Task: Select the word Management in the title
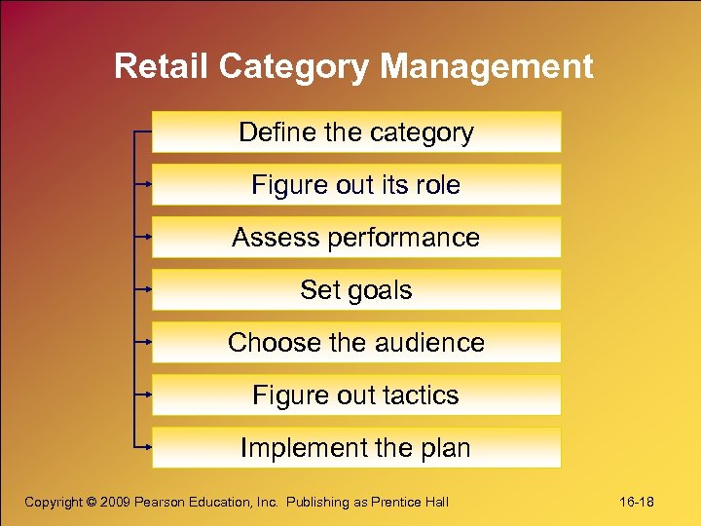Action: tap(487, 66)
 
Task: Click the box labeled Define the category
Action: tap(356, 132)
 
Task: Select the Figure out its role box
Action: tap(356, 185)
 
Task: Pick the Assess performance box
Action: tap(356, 238)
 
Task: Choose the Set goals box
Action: tap(356, 290)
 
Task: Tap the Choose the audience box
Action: tap(356, 343)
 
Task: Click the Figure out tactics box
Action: tap(356, 395)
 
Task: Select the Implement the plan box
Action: tap(356, 448)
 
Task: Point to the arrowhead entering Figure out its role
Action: tap(147, 183)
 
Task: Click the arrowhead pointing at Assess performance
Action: tap(147, 236)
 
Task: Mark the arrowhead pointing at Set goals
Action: tap(147, 288)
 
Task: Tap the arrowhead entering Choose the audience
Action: tap(147, 342)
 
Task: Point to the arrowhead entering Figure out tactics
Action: tap(147, 394)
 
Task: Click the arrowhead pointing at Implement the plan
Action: tap(147, 447)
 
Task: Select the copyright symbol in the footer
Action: tap(93, 502)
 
